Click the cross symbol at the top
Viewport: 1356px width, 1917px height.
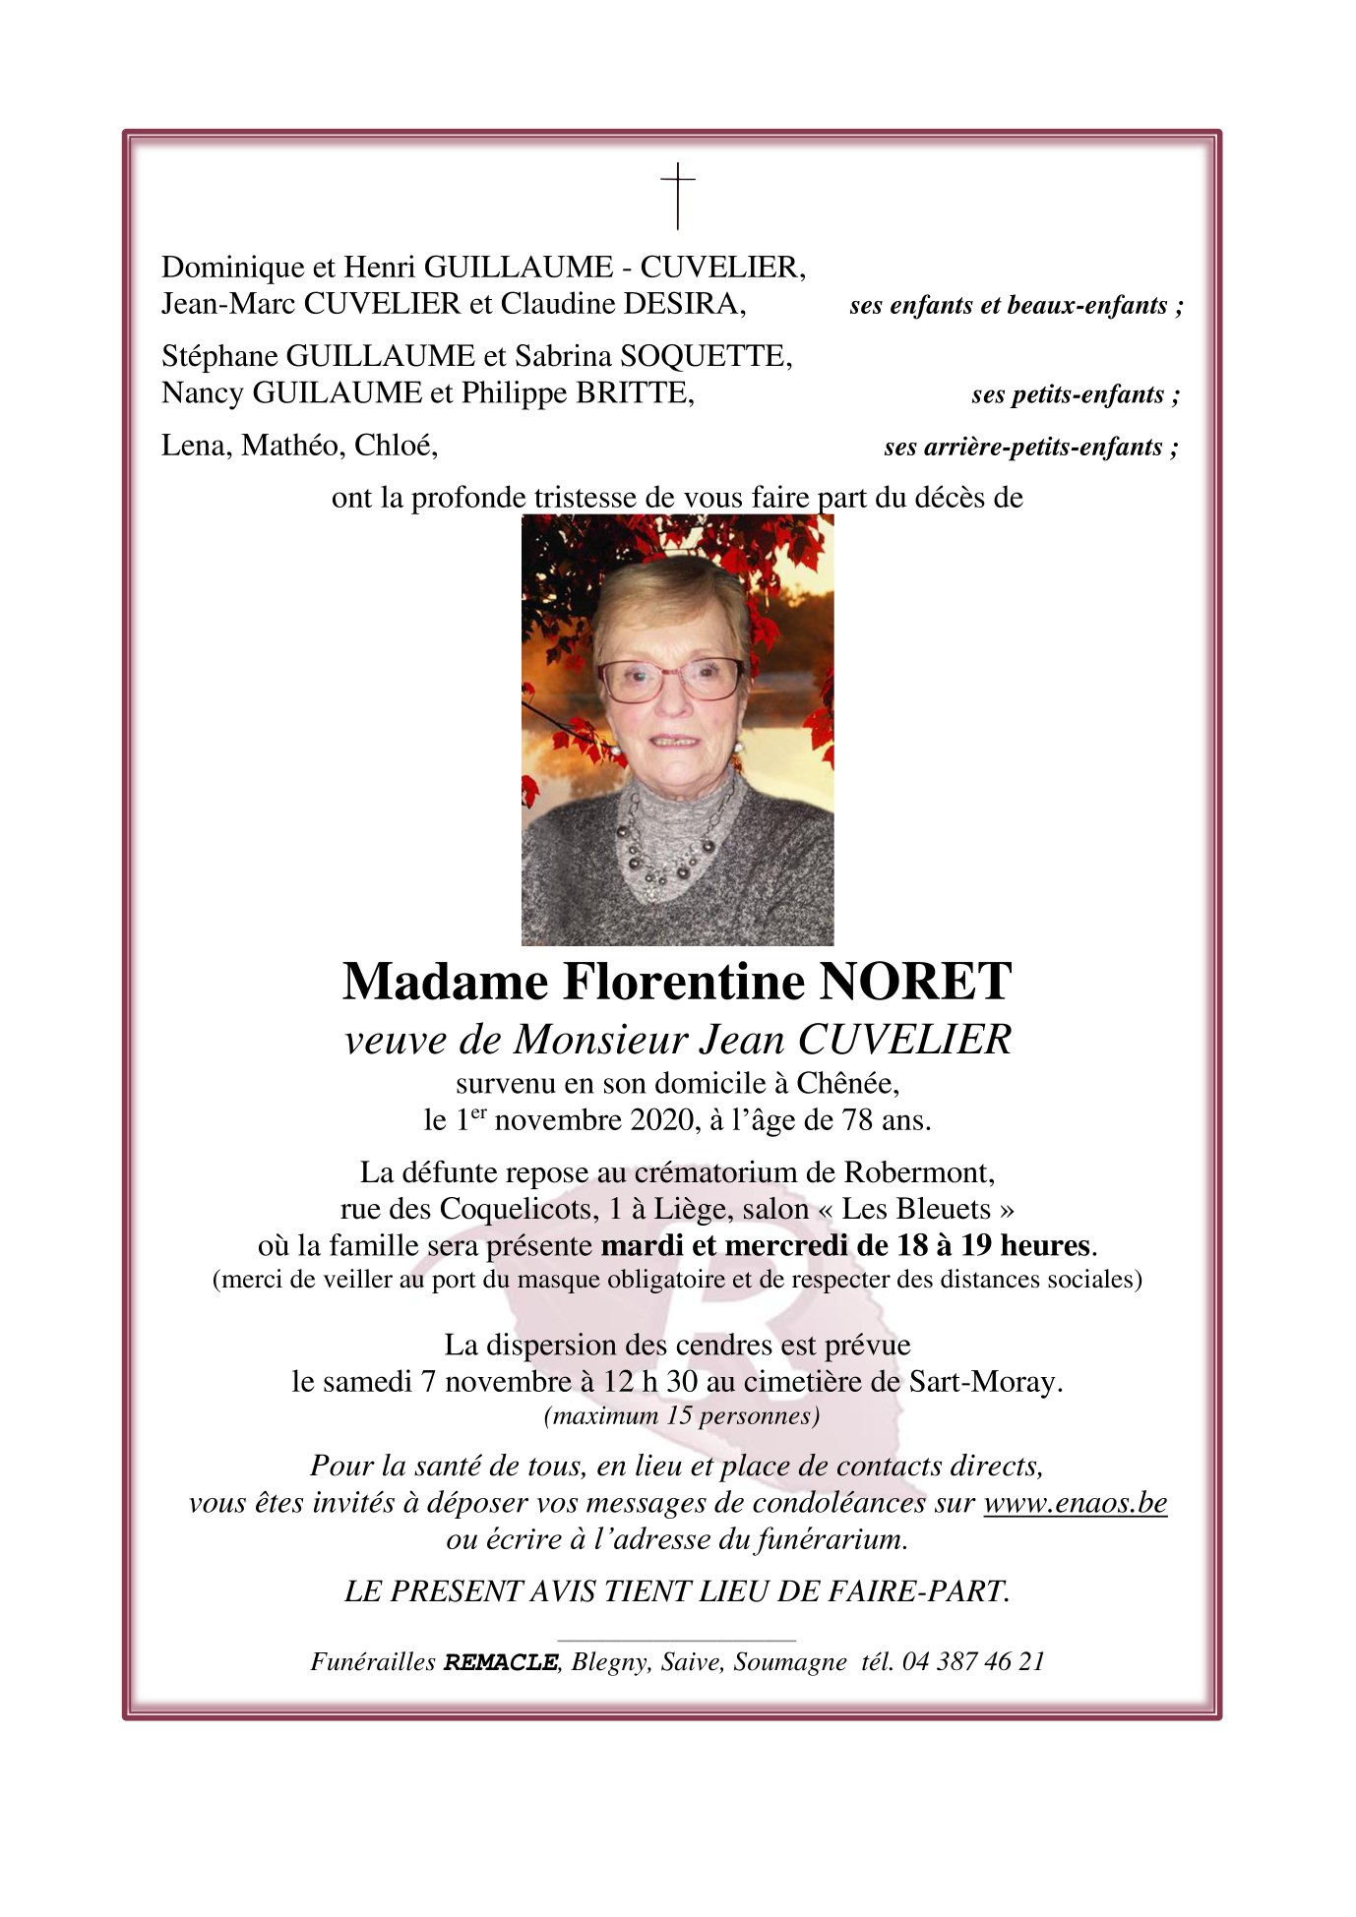coord(677,196)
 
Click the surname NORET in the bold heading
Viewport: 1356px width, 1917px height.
coord(914,982)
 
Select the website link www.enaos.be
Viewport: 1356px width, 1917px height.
coord(1075,1503)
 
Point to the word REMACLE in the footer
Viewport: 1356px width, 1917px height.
coord(501,1662)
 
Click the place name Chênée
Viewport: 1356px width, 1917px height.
coord(846,1084)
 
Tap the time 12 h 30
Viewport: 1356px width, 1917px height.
coord(650,1382)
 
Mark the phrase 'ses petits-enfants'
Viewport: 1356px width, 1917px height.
coord(1075,395)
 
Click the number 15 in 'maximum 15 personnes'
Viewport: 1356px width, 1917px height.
coord(679,1416)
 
